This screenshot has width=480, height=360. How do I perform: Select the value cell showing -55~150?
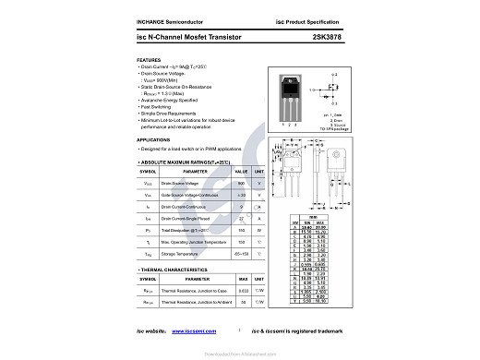(x=241, y=252)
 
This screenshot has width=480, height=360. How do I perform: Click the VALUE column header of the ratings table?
(x=241, y=172)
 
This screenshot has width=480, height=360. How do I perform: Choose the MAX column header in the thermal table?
(x=244, y=279)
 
